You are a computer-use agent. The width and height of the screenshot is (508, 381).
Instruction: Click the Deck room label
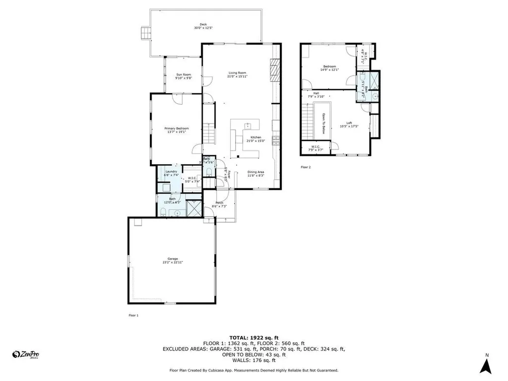coord(203,24)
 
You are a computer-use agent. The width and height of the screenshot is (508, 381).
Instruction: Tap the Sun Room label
coord(183,74)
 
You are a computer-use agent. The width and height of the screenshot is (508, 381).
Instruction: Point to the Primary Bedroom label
coord(177,128)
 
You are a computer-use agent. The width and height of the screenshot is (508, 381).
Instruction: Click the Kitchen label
coord(255,137)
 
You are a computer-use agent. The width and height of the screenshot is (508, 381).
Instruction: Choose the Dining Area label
coord(256,172)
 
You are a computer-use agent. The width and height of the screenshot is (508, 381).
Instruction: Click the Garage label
coord(173,259)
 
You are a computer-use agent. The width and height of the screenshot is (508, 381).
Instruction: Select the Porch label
coord(219,203)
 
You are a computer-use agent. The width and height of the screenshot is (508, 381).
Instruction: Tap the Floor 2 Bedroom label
coord(330,66)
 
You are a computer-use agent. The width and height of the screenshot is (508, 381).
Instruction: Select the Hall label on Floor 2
coord(316,93)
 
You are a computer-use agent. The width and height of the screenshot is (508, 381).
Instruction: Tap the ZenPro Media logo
coord(26,354)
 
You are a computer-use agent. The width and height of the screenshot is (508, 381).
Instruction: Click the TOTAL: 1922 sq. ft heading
coord(254,337)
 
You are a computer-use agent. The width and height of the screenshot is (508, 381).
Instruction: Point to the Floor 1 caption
coord(133,315)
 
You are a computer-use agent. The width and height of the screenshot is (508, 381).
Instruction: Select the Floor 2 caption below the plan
coord(306,167)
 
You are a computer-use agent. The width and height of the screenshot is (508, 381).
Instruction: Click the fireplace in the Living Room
coord(275,69)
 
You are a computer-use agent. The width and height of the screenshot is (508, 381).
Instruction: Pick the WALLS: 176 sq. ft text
coord(254,361)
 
